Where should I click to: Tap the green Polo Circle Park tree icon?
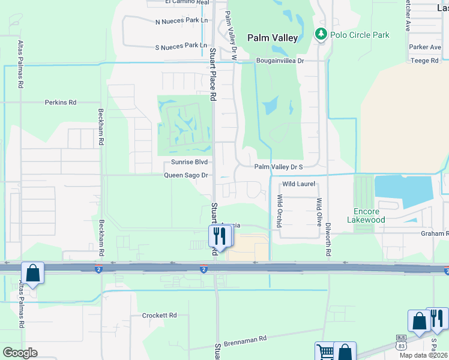pyautogui.click(x=321, y=34)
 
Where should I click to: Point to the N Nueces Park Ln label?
pyautogui.click(x=181, y=21)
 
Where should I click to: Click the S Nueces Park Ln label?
pyautogui.click(x=181, y=46)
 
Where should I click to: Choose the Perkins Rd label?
pyautogui.click(x=61, y=103)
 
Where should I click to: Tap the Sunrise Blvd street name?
pyautogui.click(x=189, y=163)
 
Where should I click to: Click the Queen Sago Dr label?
pyautogui.click(x=187, y=175)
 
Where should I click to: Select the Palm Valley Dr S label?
pyautogui.click(x=279, y=167)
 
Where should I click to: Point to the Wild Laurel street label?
pyautogui.click(x=299, y=184)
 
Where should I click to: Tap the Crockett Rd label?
pyautogui.click(x=160, y=315)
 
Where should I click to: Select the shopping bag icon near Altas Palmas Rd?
pyautogui.click(x=33, y=274)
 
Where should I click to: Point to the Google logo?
pyautogui.click(x=20, y=352)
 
